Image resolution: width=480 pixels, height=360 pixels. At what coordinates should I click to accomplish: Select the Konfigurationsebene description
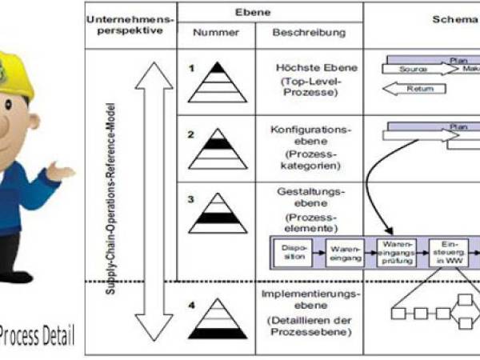[307, 130]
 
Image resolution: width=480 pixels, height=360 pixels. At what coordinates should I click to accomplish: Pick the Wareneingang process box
[346, 253]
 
